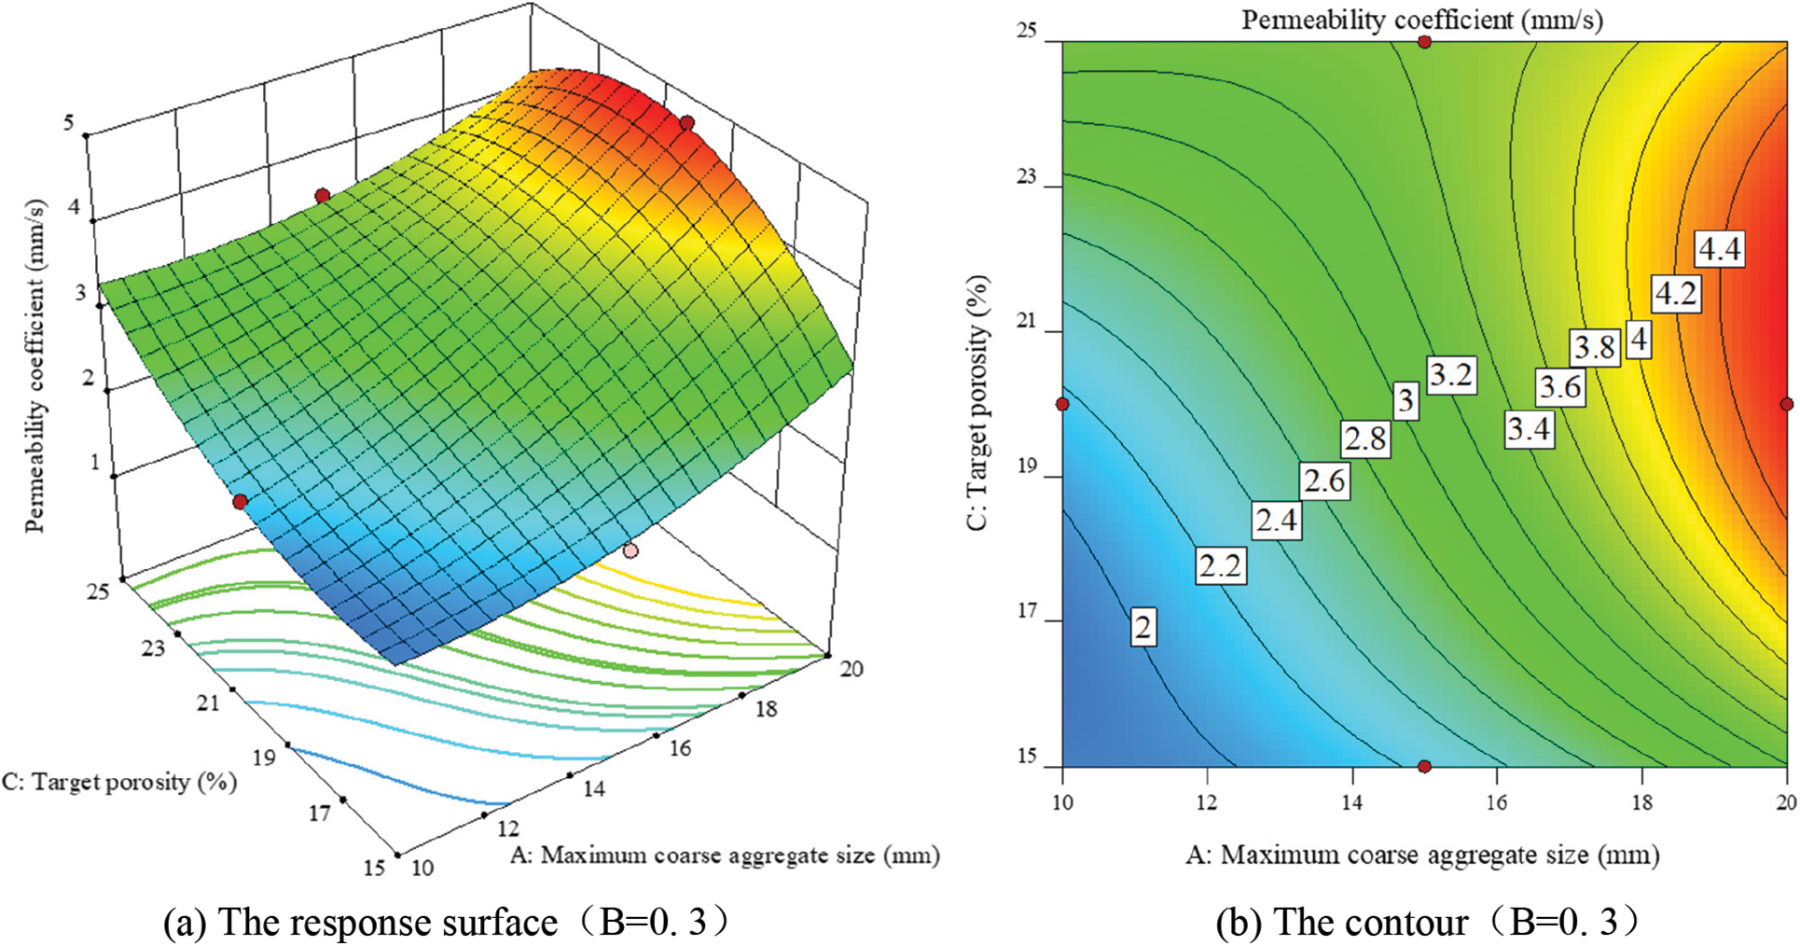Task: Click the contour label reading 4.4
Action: click(x=1719, y=249)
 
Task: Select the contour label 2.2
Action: click(x=1220, y=564)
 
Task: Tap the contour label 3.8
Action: click(x=1594, y=348)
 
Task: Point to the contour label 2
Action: click(x=1143, y=626)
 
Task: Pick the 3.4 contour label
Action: click(x=1530, y=429)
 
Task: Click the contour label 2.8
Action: click(x=1365, y=438)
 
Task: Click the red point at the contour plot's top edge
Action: click(x=1424, y=42)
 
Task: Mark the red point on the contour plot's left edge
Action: click(x=1062, y=404)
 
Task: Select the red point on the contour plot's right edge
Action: click(x=1786, y=404)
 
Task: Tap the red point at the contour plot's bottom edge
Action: click(x=1424, y=766)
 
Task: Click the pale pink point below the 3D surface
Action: click(x=631, y=550)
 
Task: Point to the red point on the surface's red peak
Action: click(x=687, y=123)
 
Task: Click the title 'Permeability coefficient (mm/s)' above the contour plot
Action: click(x=1422, y=20)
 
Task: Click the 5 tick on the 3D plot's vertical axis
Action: click(x=69, y=121)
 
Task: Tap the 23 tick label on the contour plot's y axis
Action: click(x=1027, y=176)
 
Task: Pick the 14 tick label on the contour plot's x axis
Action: click(x=1351, y=801)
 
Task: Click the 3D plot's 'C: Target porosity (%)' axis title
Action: click(x=118, y=782)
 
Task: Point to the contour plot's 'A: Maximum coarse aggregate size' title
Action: click(x=1422, y=855)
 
